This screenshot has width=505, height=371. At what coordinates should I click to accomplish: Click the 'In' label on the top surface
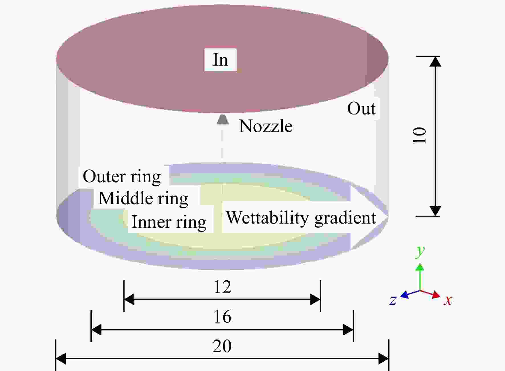220,60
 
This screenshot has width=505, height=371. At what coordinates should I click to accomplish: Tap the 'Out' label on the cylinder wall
361,109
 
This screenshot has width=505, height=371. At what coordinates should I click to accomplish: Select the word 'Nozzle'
266,126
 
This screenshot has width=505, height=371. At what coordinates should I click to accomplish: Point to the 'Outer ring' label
122,177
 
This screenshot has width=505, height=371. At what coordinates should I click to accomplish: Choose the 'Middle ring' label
143,199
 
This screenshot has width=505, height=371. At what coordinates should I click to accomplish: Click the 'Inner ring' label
169,222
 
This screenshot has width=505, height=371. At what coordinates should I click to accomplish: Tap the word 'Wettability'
267,218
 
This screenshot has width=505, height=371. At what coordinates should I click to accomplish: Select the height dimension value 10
419,135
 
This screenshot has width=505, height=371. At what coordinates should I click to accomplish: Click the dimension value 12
222,287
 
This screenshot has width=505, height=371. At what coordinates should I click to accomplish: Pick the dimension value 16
222,317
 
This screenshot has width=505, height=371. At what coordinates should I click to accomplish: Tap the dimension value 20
222,346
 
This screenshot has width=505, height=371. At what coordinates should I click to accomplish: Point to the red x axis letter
448,300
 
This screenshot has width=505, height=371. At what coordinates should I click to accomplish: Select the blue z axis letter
393,300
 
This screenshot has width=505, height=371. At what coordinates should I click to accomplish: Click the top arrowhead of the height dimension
435,61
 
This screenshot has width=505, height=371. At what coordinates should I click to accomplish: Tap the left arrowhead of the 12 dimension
129,299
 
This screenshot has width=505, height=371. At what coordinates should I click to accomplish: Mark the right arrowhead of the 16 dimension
348,330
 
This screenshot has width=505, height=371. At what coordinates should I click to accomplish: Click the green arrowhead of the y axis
420,267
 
